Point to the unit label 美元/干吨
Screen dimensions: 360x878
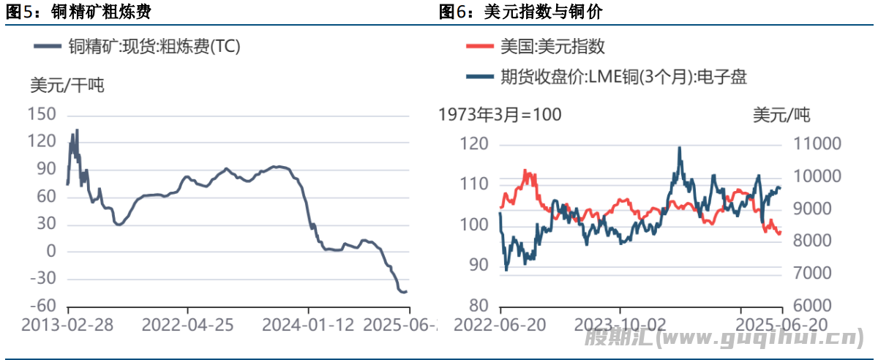tap(67, 85)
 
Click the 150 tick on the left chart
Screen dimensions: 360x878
tap(42, 115)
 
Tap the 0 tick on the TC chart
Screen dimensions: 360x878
tap(50, 252)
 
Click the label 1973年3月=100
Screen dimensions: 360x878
tap(500, 115)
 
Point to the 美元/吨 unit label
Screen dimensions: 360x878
tap(781, 115)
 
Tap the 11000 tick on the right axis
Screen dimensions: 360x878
tap(814, 144)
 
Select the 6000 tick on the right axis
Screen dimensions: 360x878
tap(814, 306)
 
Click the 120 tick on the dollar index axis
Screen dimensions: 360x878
tap(477, 144)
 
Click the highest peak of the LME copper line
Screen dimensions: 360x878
tap(680, 148)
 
